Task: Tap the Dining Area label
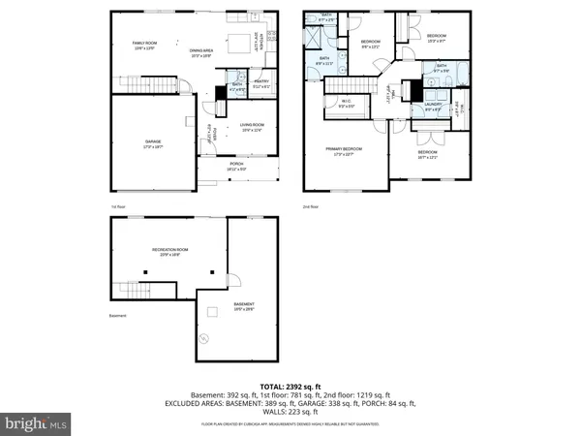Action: pyautogui.click(x=201, y=53)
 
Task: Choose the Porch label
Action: pyautogui.click(x=236, y=166)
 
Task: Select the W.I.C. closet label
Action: pyautogui.click(x=346, y=103)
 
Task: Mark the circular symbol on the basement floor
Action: pyautogui.click(x=203, y=338)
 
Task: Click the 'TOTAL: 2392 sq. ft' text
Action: pyautogui.click(x=290, y=387)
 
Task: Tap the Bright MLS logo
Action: pyautogui.click(x=37, y=423)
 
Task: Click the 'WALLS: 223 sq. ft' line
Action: pyautogui.click(x=290, y=412)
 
